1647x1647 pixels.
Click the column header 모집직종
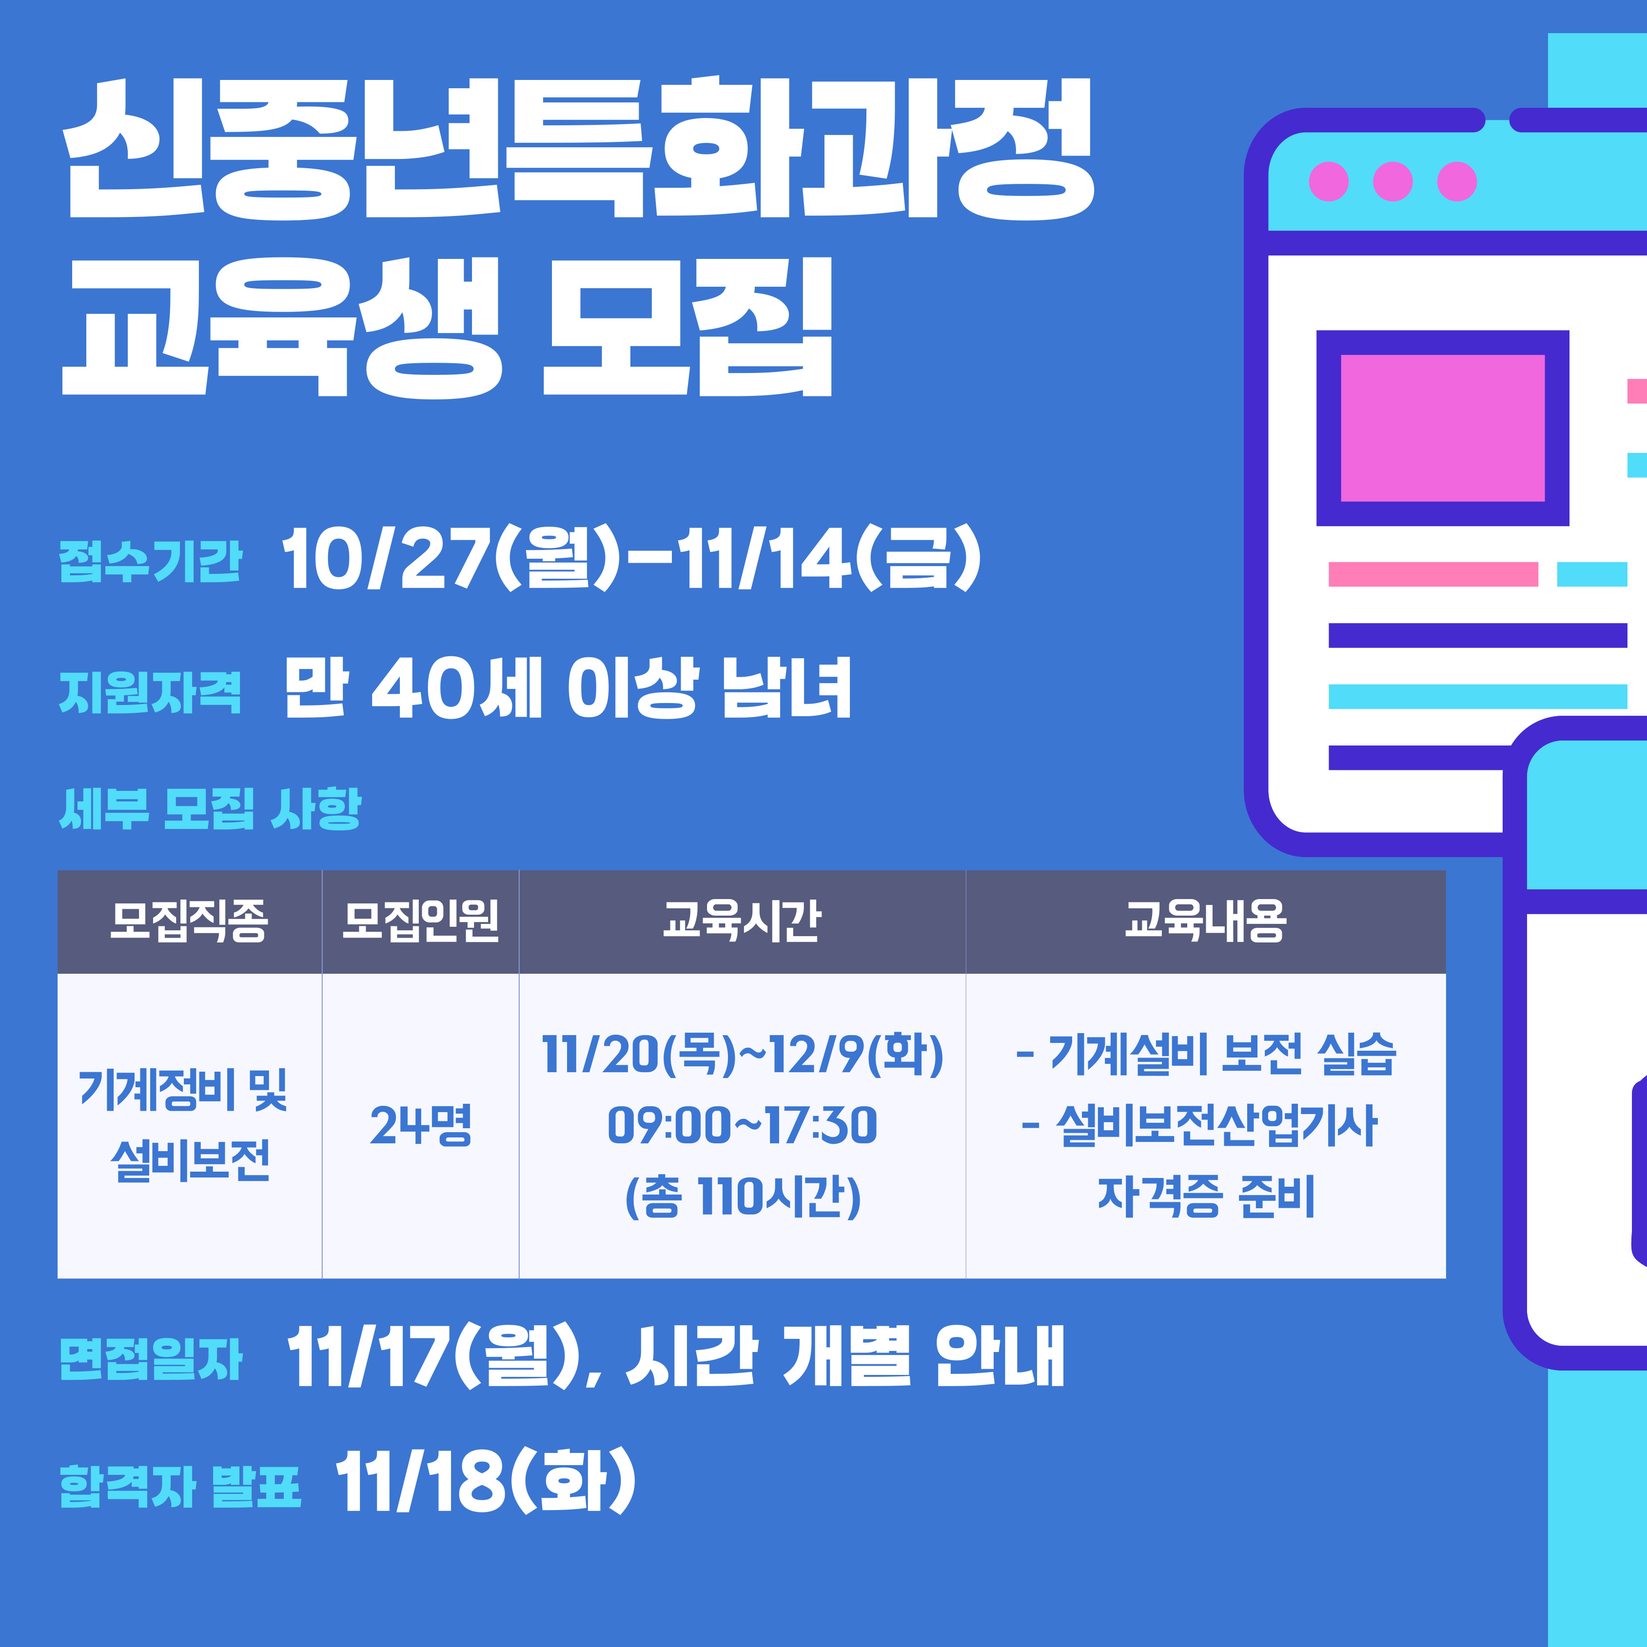click(x=189, y=921)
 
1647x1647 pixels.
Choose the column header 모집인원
click(x=420, y=921)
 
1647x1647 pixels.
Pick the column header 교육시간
click(x=742, y=921)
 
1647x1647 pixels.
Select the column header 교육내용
click(x=1205, y=921)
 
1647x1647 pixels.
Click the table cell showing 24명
click(x=420, y=1125)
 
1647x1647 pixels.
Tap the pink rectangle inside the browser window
click(x=1442, y=428)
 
